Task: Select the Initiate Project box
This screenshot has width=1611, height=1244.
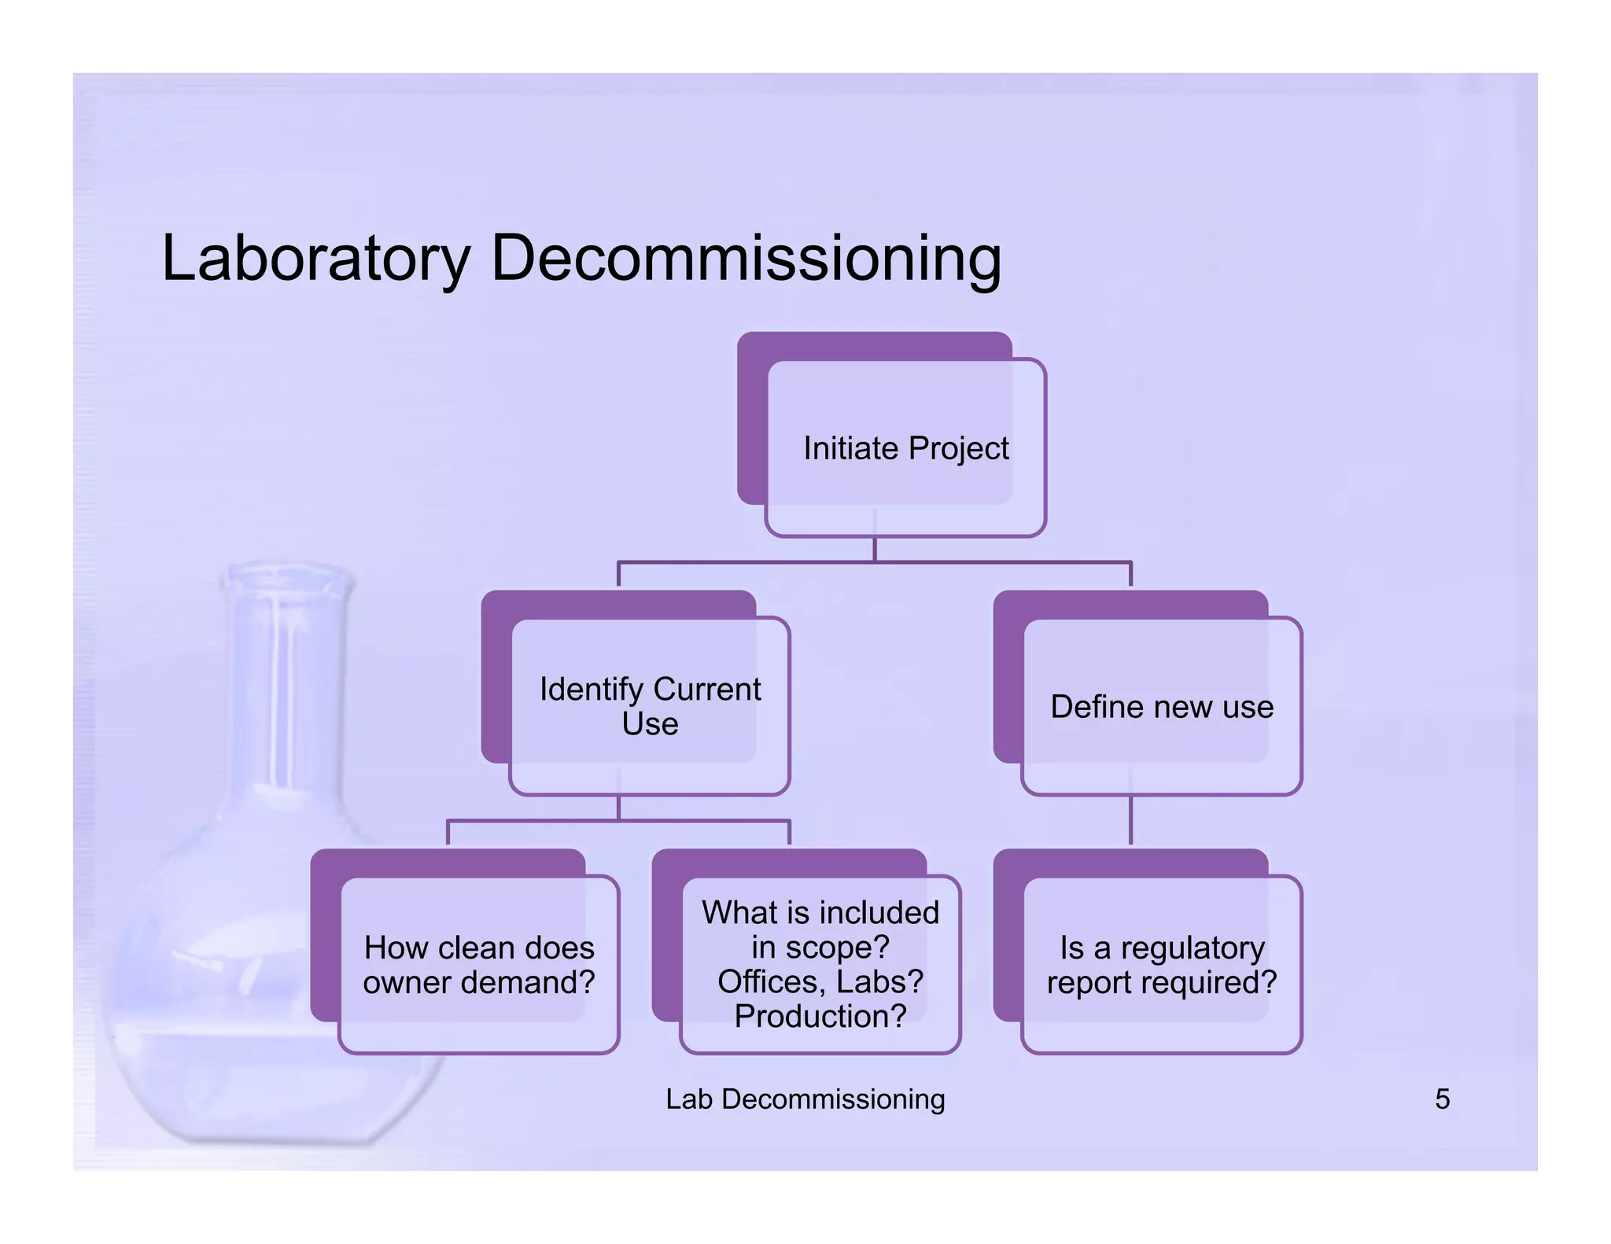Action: pos(905,448)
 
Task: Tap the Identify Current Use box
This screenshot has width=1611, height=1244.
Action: pos(650,705)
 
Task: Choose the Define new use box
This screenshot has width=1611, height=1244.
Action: pos(1162,706)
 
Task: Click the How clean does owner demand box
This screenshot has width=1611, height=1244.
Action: pos(479,964)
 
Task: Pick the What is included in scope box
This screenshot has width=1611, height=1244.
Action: pos(820,964)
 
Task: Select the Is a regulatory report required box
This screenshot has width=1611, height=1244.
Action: pos(1162,964)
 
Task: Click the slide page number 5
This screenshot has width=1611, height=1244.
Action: pos(1442,1099)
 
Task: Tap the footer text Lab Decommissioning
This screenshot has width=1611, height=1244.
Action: pos(805,1099)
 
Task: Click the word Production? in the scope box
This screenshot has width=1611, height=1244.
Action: pos(820,1016)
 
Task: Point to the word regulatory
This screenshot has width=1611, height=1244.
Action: pos(1193,948)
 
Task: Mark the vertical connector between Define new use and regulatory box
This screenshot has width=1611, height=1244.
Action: pos(1130,819)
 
